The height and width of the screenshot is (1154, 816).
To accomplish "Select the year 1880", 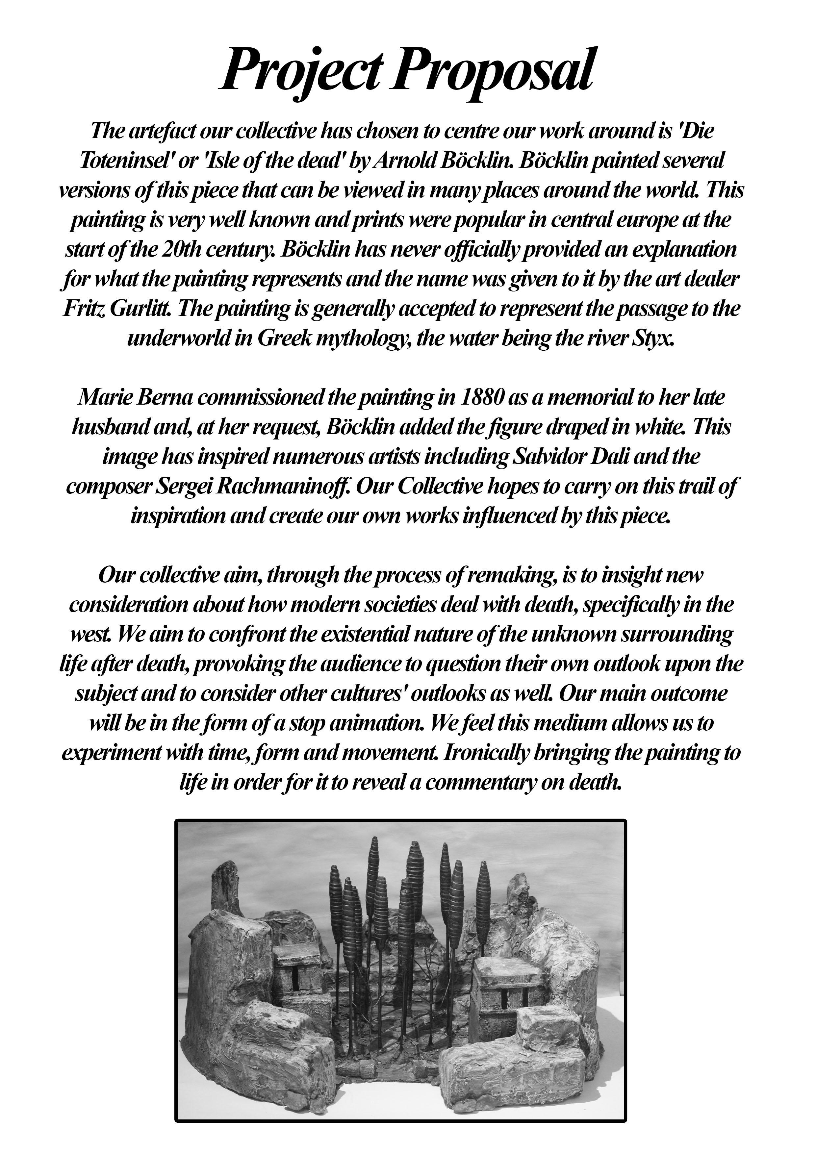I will click(x=482, y=398).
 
